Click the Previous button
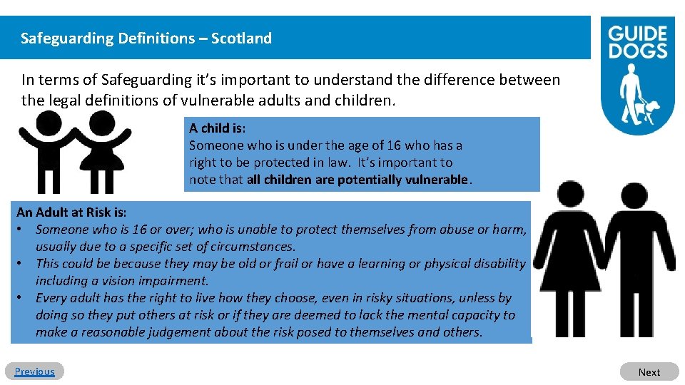pos(34,371)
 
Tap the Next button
pos(649,371)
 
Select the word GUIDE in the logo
pos(637,34)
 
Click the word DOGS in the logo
pos(637,51)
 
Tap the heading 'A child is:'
pos(217,128)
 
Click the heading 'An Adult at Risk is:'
pos(71,212)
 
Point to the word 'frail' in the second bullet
pos(283,264)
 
